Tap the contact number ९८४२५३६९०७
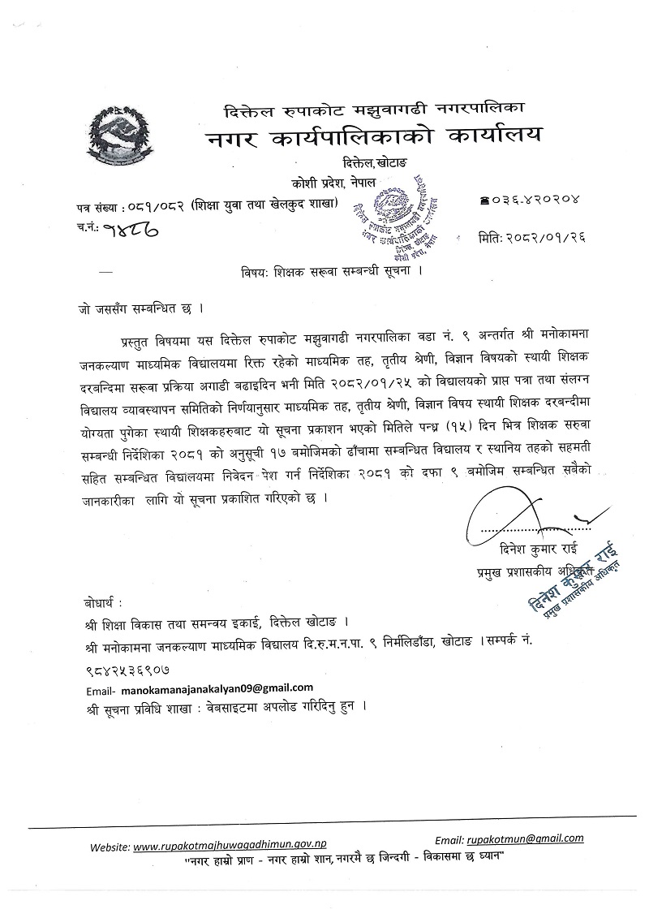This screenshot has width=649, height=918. [125, 672]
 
